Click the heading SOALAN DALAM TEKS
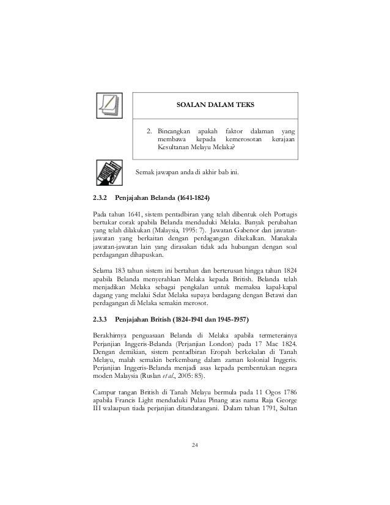point(210,105)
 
